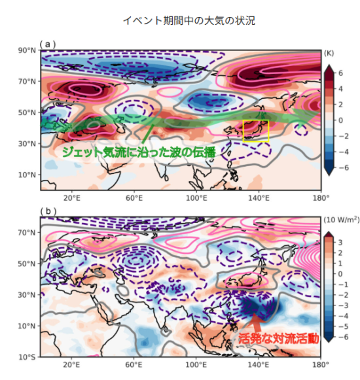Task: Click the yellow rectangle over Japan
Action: (x=255, y=131)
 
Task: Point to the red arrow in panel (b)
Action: (x=256, y=323)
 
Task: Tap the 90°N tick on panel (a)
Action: (x=27, y=50)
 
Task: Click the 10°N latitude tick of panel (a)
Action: (x=27, y=175)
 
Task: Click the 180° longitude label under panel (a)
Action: (x=320, y=198)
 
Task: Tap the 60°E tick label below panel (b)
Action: (x=134, y=364)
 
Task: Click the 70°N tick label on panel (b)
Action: (x=27, y=232)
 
